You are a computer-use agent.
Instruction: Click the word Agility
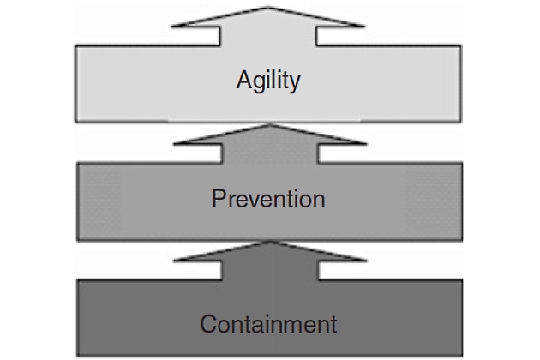click(x=268, y=81)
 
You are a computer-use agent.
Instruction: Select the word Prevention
click(x=268, y=200)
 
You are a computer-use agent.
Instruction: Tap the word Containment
click(x=268, y=325)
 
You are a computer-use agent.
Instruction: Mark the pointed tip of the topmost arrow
click(x=270, y=5)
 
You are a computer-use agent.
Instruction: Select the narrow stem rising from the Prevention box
click(x=270, y=153)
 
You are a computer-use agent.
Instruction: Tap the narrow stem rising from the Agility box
click(x=270, y=37)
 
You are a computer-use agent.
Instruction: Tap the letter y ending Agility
click(x=295, y=84)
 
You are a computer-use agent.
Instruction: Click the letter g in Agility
click(x=258, y=84)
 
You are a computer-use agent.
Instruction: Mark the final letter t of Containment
click(x=333, y=325)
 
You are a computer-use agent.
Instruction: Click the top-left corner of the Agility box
click(x=76, y=46)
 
